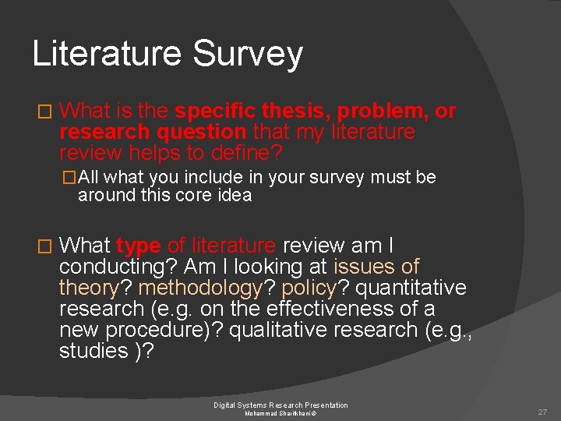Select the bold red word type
pos(139,246)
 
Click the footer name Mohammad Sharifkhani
pos(280,413)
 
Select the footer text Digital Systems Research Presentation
pos(280,405)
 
